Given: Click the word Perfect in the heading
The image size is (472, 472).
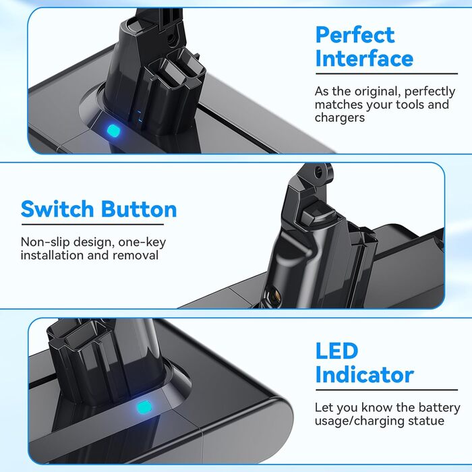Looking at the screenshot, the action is (x=355, y=36).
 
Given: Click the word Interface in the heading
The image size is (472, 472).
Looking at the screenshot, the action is (x=364, y=59).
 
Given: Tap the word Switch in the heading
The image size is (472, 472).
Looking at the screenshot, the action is (x=57, y=209).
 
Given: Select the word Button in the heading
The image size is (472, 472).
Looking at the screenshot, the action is (x=139, y=209).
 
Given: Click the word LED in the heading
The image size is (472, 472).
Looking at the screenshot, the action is (x=336, y=351).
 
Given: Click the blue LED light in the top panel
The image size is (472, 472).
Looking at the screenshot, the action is (x=113, y=131).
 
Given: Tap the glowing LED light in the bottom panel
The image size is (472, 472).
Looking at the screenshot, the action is (x=144, y=407).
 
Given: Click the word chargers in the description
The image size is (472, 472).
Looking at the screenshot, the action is (x=340, y=118).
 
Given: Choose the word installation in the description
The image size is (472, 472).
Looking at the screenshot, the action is (x=53, y=256).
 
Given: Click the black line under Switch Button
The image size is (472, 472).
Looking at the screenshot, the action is (x=92, y=225).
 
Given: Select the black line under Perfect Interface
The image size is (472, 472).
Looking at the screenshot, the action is (x=386, y=73).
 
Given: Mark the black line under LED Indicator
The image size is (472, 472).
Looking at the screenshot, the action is (x=386, y=390).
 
